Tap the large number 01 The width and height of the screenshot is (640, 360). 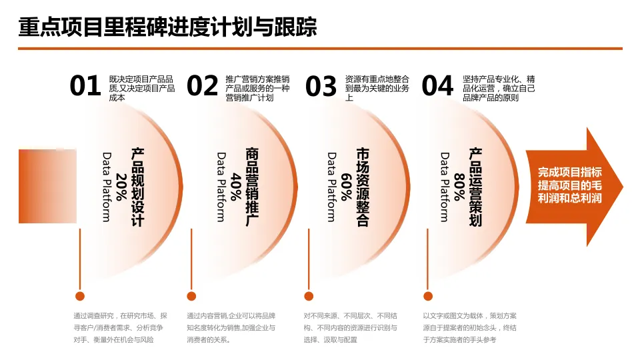(85, 87)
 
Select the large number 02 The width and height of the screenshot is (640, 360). (202, 87)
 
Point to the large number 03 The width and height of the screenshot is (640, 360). (321, 87)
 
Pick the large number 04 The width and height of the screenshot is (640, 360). (437, 87)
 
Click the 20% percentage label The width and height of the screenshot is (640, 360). (121, 187)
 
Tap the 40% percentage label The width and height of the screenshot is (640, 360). (235, 187)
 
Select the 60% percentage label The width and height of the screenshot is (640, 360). (346, 187)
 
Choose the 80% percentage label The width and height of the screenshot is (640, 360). (459, 187)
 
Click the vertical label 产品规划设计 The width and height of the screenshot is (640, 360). (137, 187)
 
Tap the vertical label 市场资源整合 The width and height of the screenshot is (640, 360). (362, 187)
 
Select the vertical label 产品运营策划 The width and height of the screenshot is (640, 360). (475, 187)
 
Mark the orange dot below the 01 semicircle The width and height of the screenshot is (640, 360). (80, 296)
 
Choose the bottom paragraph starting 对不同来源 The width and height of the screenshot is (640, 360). (350, 327)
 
